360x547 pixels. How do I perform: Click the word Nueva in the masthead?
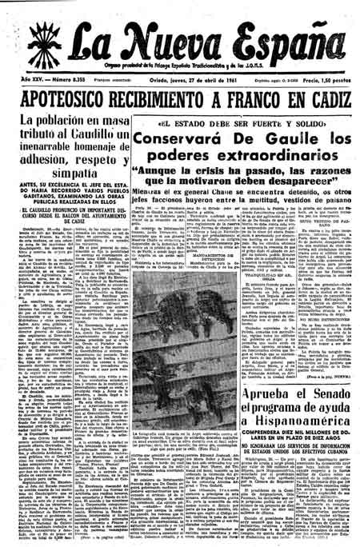pos(158,31)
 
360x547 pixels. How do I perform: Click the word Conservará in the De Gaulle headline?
pos(170,141)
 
